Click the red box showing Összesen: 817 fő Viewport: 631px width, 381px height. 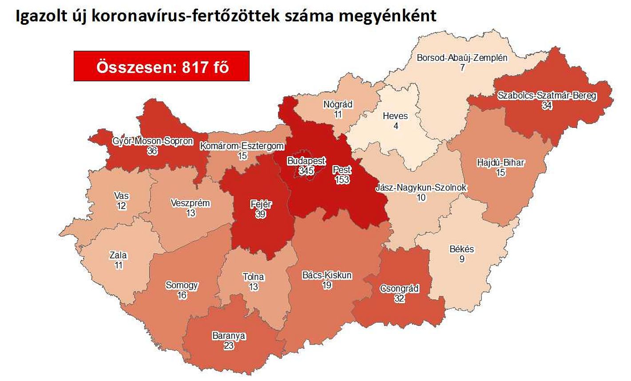tap(161, 66)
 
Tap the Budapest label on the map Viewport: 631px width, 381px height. tap(306, 161)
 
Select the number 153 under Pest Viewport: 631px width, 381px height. tap(342, 179)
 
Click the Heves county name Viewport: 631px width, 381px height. tap(395, 116)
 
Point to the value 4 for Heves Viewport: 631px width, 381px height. tap(396, 126)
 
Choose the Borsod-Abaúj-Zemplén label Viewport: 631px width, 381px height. tap(462, 58)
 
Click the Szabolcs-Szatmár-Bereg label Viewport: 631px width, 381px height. tap(547, 95)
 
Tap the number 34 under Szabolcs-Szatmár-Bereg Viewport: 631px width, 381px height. tap(547, 106)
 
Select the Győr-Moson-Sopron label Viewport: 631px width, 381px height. tap(153, 141)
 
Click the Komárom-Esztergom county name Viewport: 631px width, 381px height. tap(242, 146)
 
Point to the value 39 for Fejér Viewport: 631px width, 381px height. tap(261, 214)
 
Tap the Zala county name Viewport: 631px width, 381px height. tap(118, 255)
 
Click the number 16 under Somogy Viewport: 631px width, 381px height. tap(182, 295)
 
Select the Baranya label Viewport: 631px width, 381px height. tap(229, 336)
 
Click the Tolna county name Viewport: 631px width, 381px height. tap(253, 277)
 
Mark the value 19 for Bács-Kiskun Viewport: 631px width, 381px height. tap(327, 285)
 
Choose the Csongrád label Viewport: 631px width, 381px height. tap(399, 289)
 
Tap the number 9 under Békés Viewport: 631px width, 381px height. tap(462, 259)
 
